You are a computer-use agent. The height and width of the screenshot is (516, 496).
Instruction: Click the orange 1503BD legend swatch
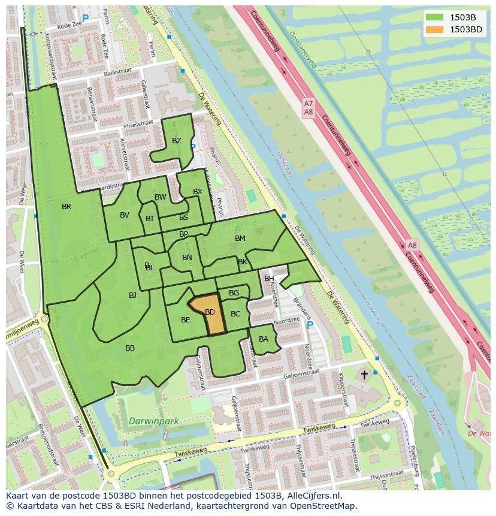435,29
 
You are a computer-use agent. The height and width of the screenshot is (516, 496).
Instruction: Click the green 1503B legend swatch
435,17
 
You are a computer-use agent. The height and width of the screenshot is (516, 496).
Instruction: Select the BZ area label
176,141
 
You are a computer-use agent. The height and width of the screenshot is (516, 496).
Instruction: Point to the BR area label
66,207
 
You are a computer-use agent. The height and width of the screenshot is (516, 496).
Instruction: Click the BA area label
264,339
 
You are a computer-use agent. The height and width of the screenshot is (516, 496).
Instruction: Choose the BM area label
240,239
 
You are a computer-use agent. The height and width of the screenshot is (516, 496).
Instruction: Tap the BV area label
125,215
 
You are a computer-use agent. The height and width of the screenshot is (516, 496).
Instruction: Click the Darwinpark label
153,421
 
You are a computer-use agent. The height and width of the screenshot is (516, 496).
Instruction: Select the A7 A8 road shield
309,108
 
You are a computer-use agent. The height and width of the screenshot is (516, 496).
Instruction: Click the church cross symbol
364,375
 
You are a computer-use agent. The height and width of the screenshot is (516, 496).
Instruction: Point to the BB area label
130,348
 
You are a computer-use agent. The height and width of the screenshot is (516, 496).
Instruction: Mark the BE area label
186,320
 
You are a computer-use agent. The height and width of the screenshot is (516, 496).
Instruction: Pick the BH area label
269,279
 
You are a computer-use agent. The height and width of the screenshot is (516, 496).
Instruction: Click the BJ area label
132,295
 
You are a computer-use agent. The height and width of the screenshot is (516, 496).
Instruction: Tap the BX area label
198,192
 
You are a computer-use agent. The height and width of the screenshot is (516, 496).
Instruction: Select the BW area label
161,197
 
